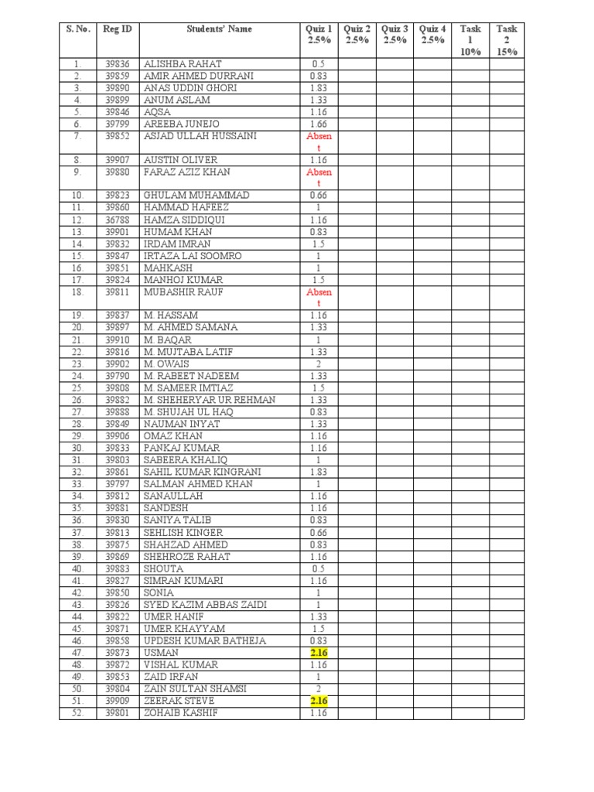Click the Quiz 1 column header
pyautogui.click(x=319, y=35)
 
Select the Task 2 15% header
pyautogui.click(x=507, y=40)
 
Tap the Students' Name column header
pyautogui.click(x=219, y=29)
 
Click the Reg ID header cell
pyautogui.click(x=118, y=29)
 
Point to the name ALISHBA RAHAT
pyautogui.click(x=182, y=64)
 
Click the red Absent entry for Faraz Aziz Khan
pyautogui.click(x=319, y=178)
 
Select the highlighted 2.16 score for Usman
pyautogui.click(x=319, y=653)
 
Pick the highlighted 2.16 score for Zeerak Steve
pyautogui.click(x=319, y=701)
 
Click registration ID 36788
pyautogui.click(x=118, y=220)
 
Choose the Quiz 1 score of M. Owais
pyautogui.click(x=319, y=364)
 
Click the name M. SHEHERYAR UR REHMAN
pyautogui.click(x=210, y=400)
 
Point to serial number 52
pyautogui.click(x=77, y=712)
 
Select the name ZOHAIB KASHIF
pyautogui.click(x=180, y=712)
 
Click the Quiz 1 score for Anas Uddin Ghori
pyautogui.click(x=319, y=88)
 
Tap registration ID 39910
pyautogui.click(x=118, y=340)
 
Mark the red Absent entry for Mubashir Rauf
pyautogui.click(x=319, y=298)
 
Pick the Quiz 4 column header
pyautogui.click(x=432, y=35)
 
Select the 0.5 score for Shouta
pyautogui.click(x=319, y=568)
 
